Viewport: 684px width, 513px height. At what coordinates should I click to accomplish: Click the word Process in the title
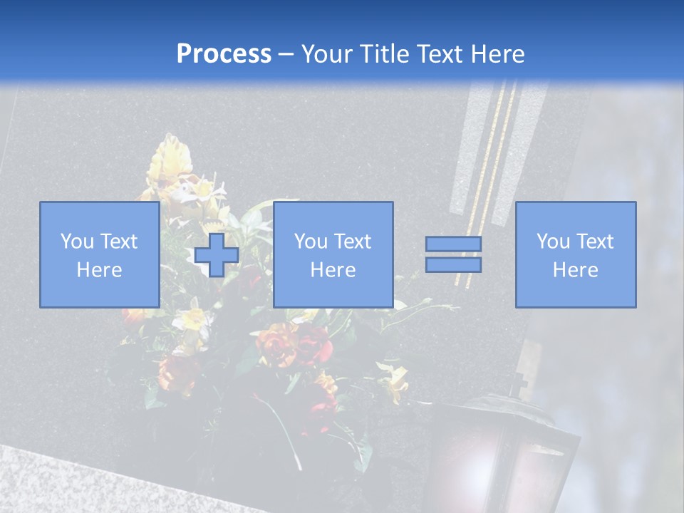tap(224, 54)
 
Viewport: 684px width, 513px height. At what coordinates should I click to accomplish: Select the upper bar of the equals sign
tap(453, 244)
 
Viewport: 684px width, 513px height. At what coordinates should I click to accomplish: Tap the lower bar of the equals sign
tap(453, 265)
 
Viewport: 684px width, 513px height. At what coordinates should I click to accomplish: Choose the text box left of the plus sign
tap(99, 254)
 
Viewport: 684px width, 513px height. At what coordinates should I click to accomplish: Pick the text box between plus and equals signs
tap(333, 254)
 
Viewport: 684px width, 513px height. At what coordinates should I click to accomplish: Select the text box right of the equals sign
tap(575, 254)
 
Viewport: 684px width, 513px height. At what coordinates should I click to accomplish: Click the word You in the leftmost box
tap(76, 242)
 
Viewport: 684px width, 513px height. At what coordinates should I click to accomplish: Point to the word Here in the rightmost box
tap(575, 270)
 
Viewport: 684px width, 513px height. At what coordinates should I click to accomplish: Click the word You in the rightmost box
tap(552, 242)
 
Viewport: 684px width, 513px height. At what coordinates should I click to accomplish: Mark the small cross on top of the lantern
tap(522, 378)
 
